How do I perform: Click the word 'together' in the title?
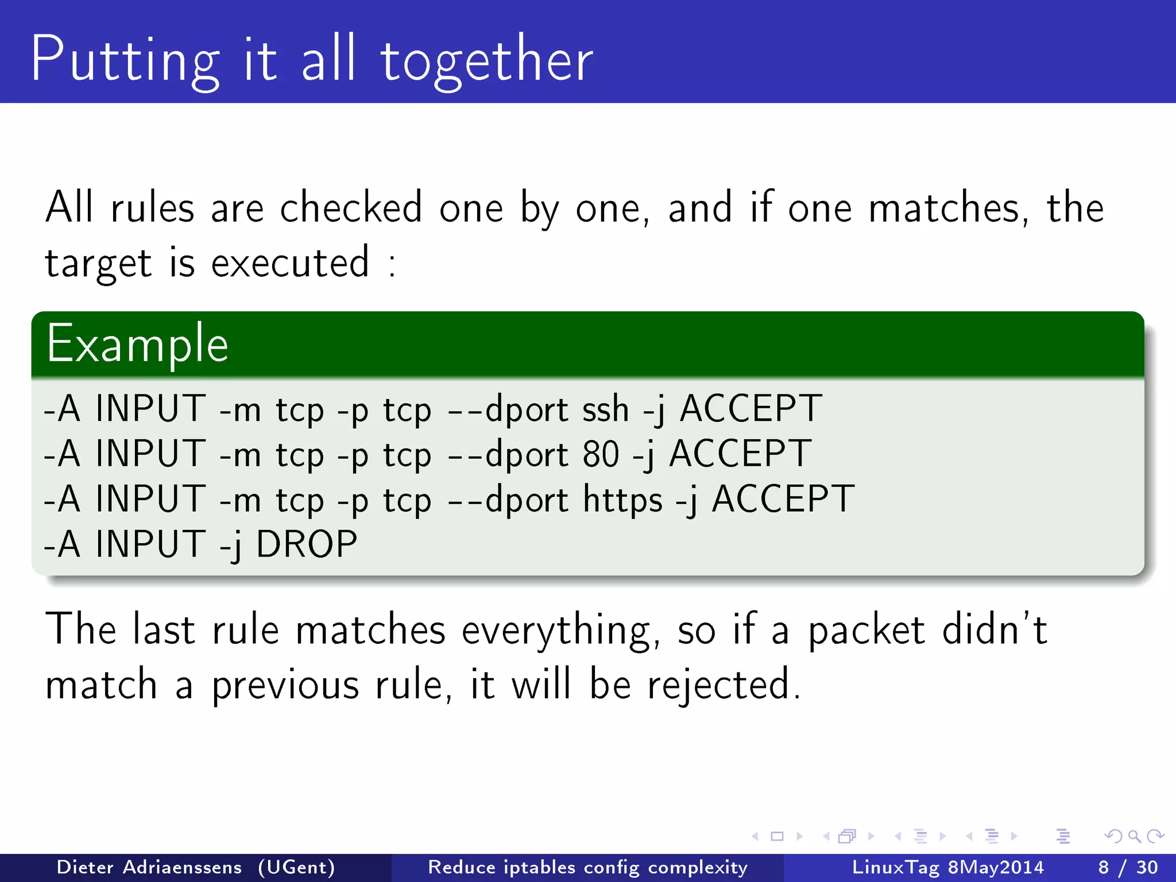click(486, 60)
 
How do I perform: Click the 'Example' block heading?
click(137, 345)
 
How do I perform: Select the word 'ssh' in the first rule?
click(605, 409)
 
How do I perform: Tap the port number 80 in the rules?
click(601, 454)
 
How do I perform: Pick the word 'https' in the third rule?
click(623, 499)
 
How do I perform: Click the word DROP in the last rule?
click(306, 544)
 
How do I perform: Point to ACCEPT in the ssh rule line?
click(751, 409)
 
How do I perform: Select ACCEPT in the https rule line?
click(783, 499)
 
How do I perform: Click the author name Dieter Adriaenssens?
click(149, 867)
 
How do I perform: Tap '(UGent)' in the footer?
click(296, 867)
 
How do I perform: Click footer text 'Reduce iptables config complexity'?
click(587, 867)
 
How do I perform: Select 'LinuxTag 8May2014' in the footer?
click(947, 867)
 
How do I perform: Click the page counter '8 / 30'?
click(1128, 867)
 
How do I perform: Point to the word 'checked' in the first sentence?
click(351, 208)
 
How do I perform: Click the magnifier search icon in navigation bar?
click(1134, 836)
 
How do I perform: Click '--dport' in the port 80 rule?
click(508, 454)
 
